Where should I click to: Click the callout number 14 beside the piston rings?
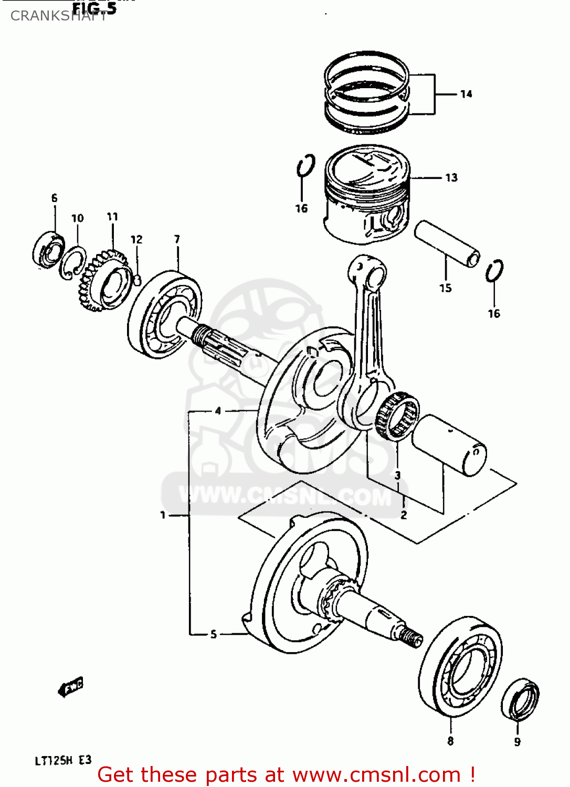[x=466, y=94]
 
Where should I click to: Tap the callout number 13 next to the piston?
[x=451, y=178]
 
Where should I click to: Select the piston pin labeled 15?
[x=447, y=243]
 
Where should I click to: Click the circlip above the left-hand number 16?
[x=305, y=167]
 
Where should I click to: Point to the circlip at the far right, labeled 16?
[x=494, y=271]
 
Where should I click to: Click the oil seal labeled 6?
[x=48, y=250]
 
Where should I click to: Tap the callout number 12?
[x=136, y=240]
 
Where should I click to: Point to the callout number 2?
[x=404, y=515]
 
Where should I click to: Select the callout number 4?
[x=218, y=411]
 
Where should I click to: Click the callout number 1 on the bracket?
[x=163, y=515]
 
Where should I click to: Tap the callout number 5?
[x=213, y=634]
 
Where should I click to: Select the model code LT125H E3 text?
[x=63, y=760]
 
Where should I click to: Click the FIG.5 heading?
[x=94, y=8]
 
